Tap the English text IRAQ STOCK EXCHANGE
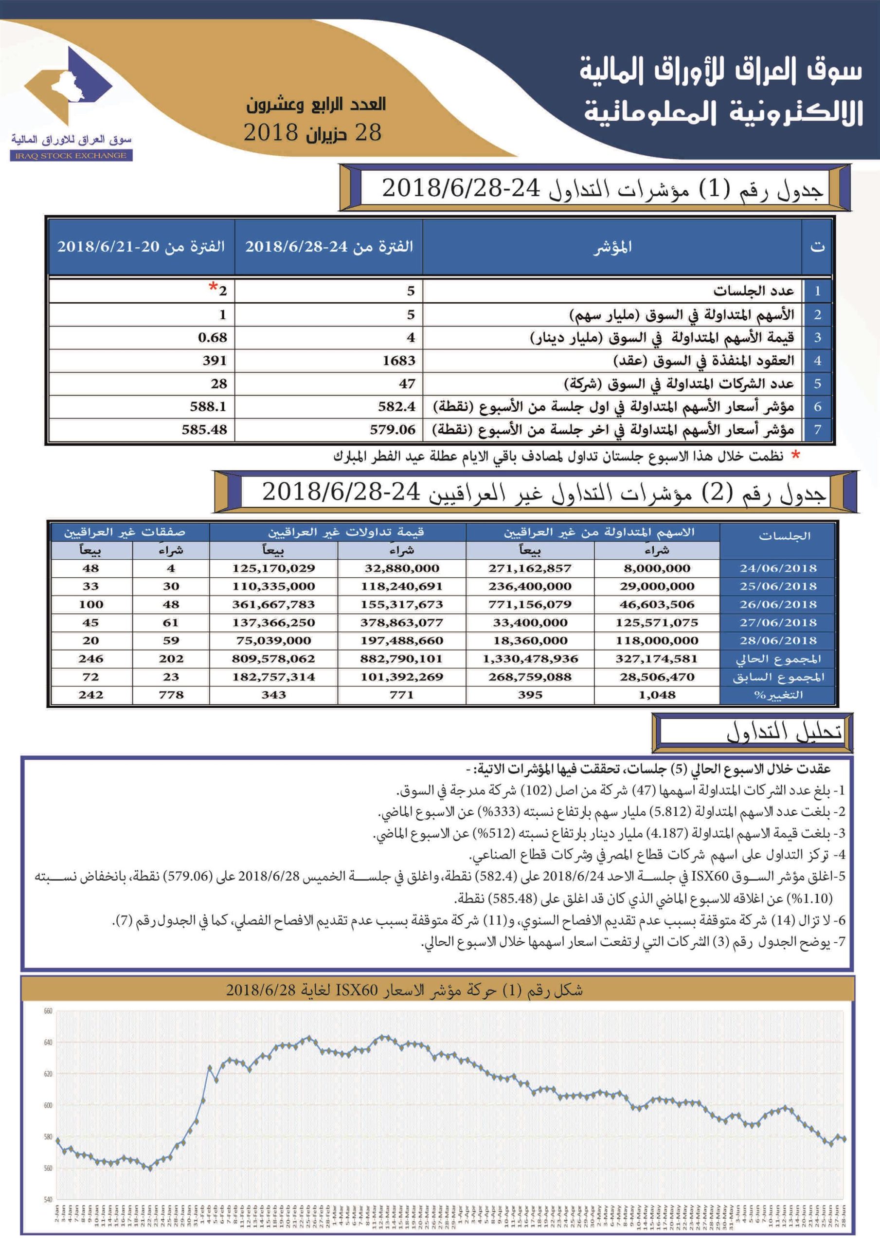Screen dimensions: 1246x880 71,156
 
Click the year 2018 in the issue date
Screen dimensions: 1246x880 270,132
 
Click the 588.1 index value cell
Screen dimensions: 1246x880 208,406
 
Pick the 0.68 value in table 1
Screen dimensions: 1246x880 212,338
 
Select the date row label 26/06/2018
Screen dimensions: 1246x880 777,605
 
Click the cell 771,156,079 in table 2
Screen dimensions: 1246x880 530,605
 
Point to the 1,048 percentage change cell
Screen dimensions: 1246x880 657,695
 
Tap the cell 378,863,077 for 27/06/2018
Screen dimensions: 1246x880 401,623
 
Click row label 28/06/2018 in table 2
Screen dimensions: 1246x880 777,641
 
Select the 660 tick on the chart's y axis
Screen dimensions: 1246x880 48,1011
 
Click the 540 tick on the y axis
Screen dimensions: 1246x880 48,1200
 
